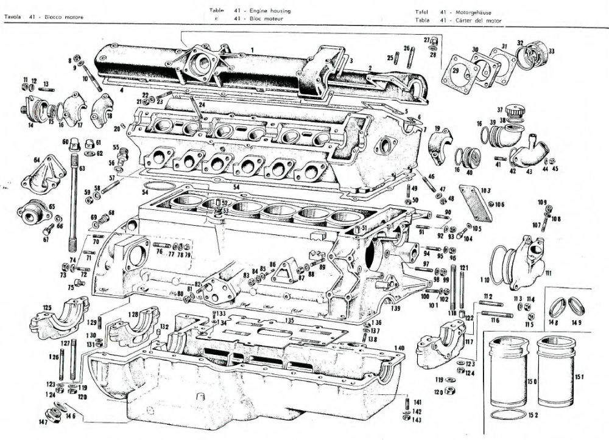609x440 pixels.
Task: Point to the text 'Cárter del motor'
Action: [476, 20]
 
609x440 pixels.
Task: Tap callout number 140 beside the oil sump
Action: [400, 348]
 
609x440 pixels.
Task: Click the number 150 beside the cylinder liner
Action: [531, 382]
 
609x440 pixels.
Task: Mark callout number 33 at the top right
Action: [551, 51]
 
